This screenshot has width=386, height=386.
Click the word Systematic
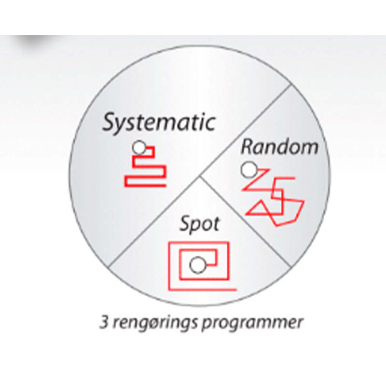click(159, 122)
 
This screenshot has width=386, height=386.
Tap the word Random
click(280, 147)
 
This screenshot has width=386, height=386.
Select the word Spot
click(199, 224)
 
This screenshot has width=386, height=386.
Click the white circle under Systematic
click(139, 148)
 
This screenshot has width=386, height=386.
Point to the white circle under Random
click(249, 170)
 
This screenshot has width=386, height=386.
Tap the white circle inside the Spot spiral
click(197, 265)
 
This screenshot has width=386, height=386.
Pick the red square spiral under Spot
click(169, 266)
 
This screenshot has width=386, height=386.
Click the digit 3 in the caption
click(104, 322)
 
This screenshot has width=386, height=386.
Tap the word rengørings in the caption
click(155, 323)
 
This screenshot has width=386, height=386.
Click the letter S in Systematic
click(110, 122)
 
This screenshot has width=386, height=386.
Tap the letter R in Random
click(247, 147)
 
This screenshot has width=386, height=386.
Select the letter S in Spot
click(186, 223)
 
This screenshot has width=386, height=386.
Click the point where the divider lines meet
click(200, 176)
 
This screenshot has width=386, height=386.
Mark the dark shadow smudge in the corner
click(34, 40)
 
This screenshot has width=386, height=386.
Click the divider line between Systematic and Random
click(246, 130)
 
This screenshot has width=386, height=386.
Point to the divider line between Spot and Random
click(246, 221)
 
